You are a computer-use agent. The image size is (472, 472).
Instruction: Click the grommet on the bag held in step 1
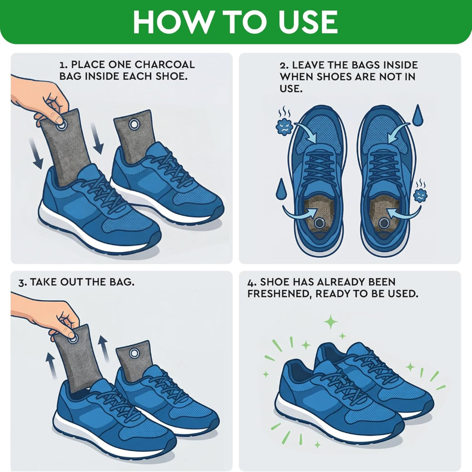61,123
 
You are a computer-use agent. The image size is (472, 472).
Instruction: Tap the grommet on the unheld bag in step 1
134,124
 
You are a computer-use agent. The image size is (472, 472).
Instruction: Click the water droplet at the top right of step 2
418,116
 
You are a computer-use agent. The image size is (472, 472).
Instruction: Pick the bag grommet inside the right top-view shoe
383,223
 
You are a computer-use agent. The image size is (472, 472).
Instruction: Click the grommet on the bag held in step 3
73,338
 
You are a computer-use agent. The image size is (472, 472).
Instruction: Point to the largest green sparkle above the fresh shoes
331,322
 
